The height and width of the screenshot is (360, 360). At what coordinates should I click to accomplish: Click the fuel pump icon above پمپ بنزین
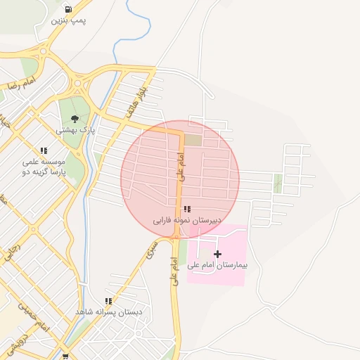67,9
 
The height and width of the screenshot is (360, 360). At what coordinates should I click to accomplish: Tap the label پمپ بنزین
68,20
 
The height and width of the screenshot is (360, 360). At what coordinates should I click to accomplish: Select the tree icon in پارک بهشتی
75,119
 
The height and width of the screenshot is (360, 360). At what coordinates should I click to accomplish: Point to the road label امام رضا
21,84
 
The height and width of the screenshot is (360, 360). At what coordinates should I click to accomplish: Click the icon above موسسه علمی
44,150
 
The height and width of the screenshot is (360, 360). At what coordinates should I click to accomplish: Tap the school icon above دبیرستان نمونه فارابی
186,209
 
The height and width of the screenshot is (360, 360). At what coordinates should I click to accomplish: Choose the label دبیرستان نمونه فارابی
188,220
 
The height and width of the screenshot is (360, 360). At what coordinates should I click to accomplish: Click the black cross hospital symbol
217,254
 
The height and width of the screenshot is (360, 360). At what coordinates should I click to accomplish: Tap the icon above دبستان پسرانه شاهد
108,301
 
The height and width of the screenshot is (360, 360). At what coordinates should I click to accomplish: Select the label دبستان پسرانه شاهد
108,311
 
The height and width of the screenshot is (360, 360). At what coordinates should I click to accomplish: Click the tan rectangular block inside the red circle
192,140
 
